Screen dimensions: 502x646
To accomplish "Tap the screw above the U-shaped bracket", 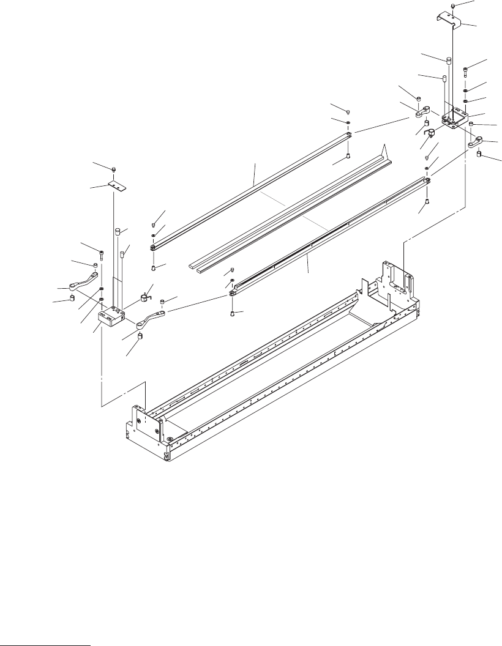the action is [x=452, y=6].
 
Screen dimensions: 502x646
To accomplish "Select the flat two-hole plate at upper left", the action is [x=116, y=184].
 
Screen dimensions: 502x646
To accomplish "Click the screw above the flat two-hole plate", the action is [x=116, y=169].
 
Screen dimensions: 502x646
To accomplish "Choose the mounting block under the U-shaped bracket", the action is [x=453, y=119].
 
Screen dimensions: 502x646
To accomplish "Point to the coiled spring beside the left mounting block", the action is [x=146, y=298].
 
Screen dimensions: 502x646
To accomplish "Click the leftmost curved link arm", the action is [x=83, y=284].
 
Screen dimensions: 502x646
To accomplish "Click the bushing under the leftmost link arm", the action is [x=72, y=298].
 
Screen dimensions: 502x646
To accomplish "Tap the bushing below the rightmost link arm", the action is [x=479, y=155].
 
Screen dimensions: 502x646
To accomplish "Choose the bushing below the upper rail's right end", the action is [x=348, y=157].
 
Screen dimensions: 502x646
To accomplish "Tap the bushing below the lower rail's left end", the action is [x=233, y=313].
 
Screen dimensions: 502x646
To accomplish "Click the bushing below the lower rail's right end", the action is [x=426, y=201].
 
